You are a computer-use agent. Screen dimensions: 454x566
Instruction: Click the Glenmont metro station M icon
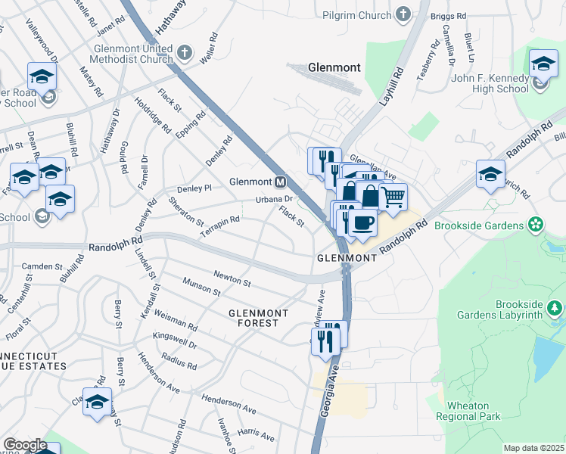point(281,182)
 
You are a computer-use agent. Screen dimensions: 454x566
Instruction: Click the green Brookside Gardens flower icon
point(536,225)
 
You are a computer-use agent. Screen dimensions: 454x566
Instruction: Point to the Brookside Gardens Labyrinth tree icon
point(555,309)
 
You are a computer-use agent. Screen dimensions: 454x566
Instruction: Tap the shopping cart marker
point(393,197)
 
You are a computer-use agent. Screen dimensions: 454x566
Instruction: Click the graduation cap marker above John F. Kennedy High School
point(543,64)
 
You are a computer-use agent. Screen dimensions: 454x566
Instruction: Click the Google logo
point(25,445)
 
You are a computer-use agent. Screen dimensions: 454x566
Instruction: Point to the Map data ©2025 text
point(533,448)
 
